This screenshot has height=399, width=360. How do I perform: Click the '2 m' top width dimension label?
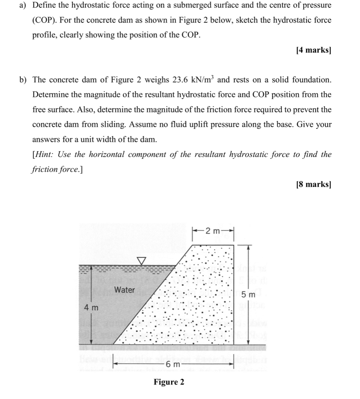212,231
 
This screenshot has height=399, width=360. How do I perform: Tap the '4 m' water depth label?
91,307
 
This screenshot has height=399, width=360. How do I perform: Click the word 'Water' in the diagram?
124,290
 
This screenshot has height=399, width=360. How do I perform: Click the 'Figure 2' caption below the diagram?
169,382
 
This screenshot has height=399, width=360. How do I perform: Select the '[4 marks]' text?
314,50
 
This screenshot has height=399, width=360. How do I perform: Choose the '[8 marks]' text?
314,184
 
